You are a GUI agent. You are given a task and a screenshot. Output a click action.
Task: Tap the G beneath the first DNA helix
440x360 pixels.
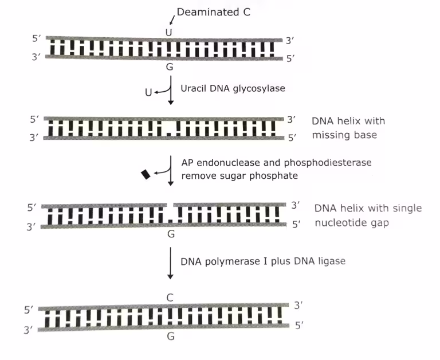[169, 67]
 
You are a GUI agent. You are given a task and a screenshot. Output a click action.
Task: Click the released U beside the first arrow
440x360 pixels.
[148, 92]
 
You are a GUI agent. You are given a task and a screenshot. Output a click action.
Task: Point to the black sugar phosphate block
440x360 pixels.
[146, 174]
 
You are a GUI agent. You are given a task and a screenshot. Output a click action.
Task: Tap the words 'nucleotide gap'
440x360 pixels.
[352, 222]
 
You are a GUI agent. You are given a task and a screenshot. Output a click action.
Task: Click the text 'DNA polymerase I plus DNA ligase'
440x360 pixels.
[263, 260]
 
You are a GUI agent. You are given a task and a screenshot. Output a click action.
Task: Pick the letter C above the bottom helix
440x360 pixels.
[170, 298]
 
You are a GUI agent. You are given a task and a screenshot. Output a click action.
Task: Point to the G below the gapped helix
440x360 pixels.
[170, 234]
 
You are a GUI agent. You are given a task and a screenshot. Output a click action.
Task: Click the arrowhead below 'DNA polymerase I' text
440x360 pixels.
[170, 277]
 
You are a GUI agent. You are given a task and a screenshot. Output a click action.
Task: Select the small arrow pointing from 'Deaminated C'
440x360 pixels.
[172, 21]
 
